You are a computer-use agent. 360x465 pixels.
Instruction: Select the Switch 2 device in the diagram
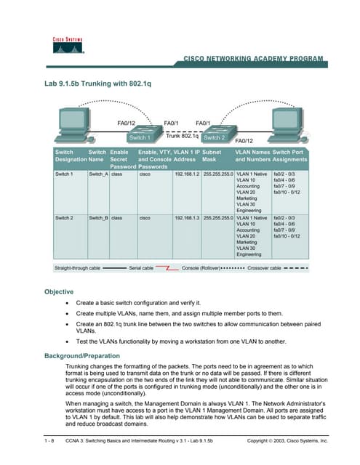tap(214, 134)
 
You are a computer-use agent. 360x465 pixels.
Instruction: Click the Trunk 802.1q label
tap(183, 136)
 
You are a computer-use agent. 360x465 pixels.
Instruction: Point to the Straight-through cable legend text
tap(78, 268)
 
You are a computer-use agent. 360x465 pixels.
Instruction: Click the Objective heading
tap(59, 291)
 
